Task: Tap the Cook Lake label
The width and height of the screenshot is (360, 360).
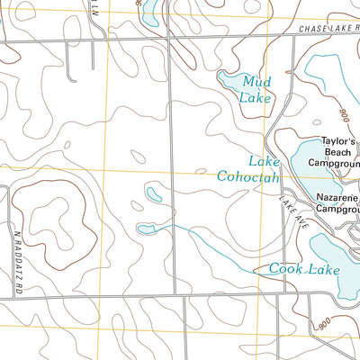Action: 305,268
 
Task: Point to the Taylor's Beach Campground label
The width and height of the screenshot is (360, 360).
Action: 333,154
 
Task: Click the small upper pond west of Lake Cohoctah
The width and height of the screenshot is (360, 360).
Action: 154,193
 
